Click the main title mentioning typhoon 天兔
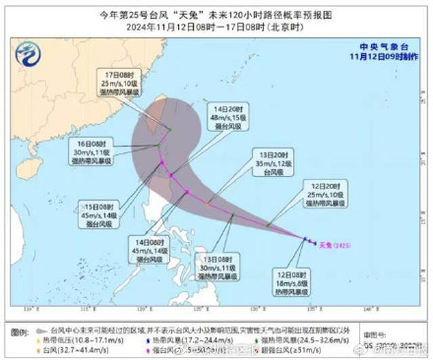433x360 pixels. (217, 13)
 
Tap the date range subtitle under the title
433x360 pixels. (216, 27)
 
